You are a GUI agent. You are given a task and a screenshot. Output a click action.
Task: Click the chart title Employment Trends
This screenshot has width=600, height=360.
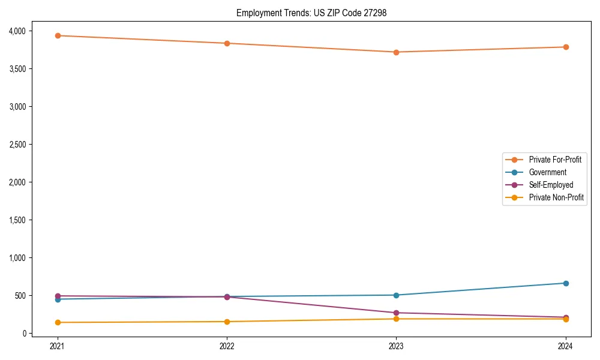coord(312,13)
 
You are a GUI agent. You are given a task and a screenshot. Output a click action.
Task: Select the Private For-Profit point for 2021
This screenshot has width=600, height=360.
coord(58,35)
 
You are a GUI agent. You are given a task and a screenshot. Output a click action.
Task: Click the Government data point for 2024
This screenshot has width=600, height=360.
coord(566,283)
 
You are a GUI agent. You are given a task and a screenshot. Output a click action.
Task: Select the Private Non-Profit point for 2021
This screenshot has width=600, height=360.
coord(58,322)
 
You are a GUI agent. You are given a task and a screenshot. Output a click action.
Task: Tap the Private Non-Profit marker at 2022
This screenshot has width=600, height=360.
coord(227,322)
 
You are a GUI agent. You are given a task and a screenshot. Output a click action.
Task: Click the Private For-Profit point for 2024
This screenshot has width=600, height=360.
coord(566,47)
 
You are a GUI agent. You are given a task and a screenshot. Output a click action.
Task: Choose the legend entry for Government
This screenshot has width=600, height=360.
coord(547,172)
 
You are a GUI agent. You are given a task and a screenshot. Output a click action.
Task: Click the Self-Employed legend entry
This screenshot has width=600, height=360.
coord(551,185)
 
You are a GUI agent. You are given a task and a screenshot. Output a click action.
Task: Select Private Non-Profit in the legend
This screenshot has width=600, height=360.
coord(556,197)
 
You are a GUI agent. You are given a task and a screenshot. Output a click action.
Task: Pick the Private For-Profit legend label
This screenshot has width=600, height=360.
coord(555,160)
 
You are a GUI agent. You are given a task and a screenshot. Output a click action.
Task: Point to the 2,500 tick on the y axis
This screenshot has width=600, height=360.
coord(24,145)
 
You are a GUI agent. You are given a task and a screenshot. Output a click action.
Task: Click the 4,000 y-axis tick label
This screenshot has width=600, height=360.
coord(24,31)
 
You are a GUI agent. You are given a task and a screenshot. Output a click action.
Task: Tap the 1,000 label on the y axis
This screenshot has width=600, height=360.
coord(24,258)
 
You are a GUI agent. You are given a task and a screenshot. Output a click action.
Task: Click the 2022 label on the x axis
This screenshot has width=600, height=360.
coord(227,346)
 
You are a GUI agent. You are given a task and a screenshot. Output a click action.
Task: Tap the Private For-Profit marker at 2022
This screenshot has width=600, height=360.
coord(227,43)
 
